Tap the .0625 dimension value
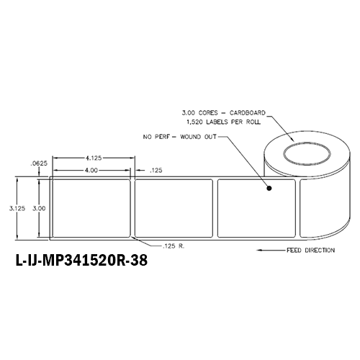pos(37,163)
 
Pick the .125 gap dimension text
pos(154,171)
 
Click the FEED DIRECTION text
pos(309,251)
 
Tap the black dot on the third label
pos(269,190)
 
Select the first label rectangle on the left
pos(89,207)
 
